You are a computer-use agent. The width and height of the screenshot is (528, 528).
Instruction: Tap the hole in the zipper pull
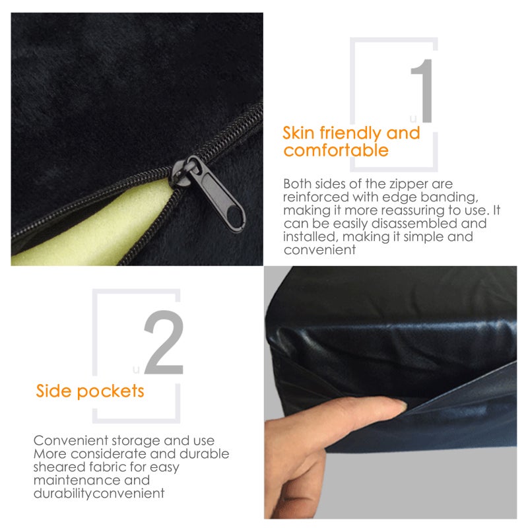pyautogui.click(x=234, y=216)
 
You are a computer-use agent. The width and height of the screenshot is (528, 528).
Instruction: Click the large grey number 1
pyautogui.click(x=422, y=90)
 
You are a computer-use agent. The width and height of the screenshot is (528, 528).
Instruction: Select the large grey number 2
pyautogui.click(x=164, y=342)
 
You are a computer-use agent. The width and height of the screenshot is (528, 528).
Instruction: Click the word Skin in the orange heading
pyautogui.click(x=298, y=133)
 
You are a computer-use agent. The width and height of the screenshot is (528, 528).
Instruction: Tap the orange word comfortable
pyautogui.click(x=336, y=150)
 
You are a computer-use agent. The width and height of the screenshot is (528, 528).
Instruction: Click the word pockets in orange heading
pyautogui.click(x=110, y=391)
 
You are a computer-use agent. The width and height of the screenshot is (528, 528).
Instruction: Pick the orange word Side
pyautogui.click(x=54, y=391)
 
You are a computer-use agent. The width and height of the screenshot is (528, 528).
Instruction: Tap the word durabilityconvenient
pyautogui.click(x=99, y=494)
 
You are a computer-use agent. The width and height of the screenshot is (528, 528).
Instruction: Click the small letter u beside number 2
pyautogui.click(x=136, y=370)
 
